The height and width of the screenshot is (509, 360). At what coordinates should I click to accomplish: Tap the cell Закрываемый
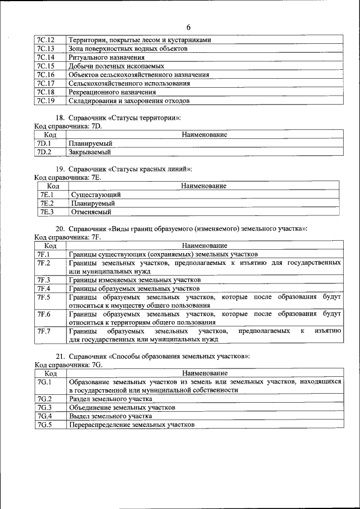(x=90, y=152)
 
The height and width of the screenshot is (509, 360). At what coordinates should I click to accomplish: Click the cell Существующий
(x=96, y=195)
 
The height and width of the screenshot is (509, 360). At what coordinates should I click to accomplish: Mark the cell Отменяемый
(x=91, y=212)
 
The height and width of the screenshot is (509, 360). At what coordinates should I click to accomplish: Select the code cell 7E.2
(x=46, y=203)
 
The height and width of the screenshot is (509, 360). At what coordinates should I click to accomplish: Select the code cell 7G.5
(x=44, y=425)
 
